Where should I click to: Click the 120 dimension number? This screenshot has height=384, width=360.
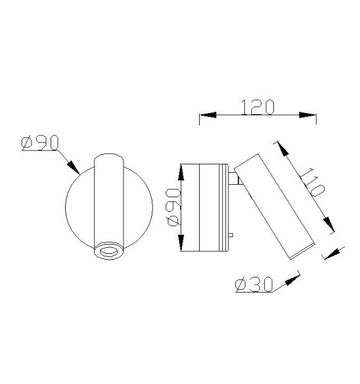click(x=258, y=107)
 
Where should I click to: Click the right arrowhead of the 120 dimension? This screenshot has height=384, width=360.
click(x=309, y=116)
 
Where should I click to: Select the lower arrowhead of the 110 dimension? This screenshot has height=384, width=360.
click(x=328, y=224)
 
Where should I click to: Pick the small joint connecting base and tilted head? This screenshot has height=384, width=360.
click(x=233, y=178)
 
